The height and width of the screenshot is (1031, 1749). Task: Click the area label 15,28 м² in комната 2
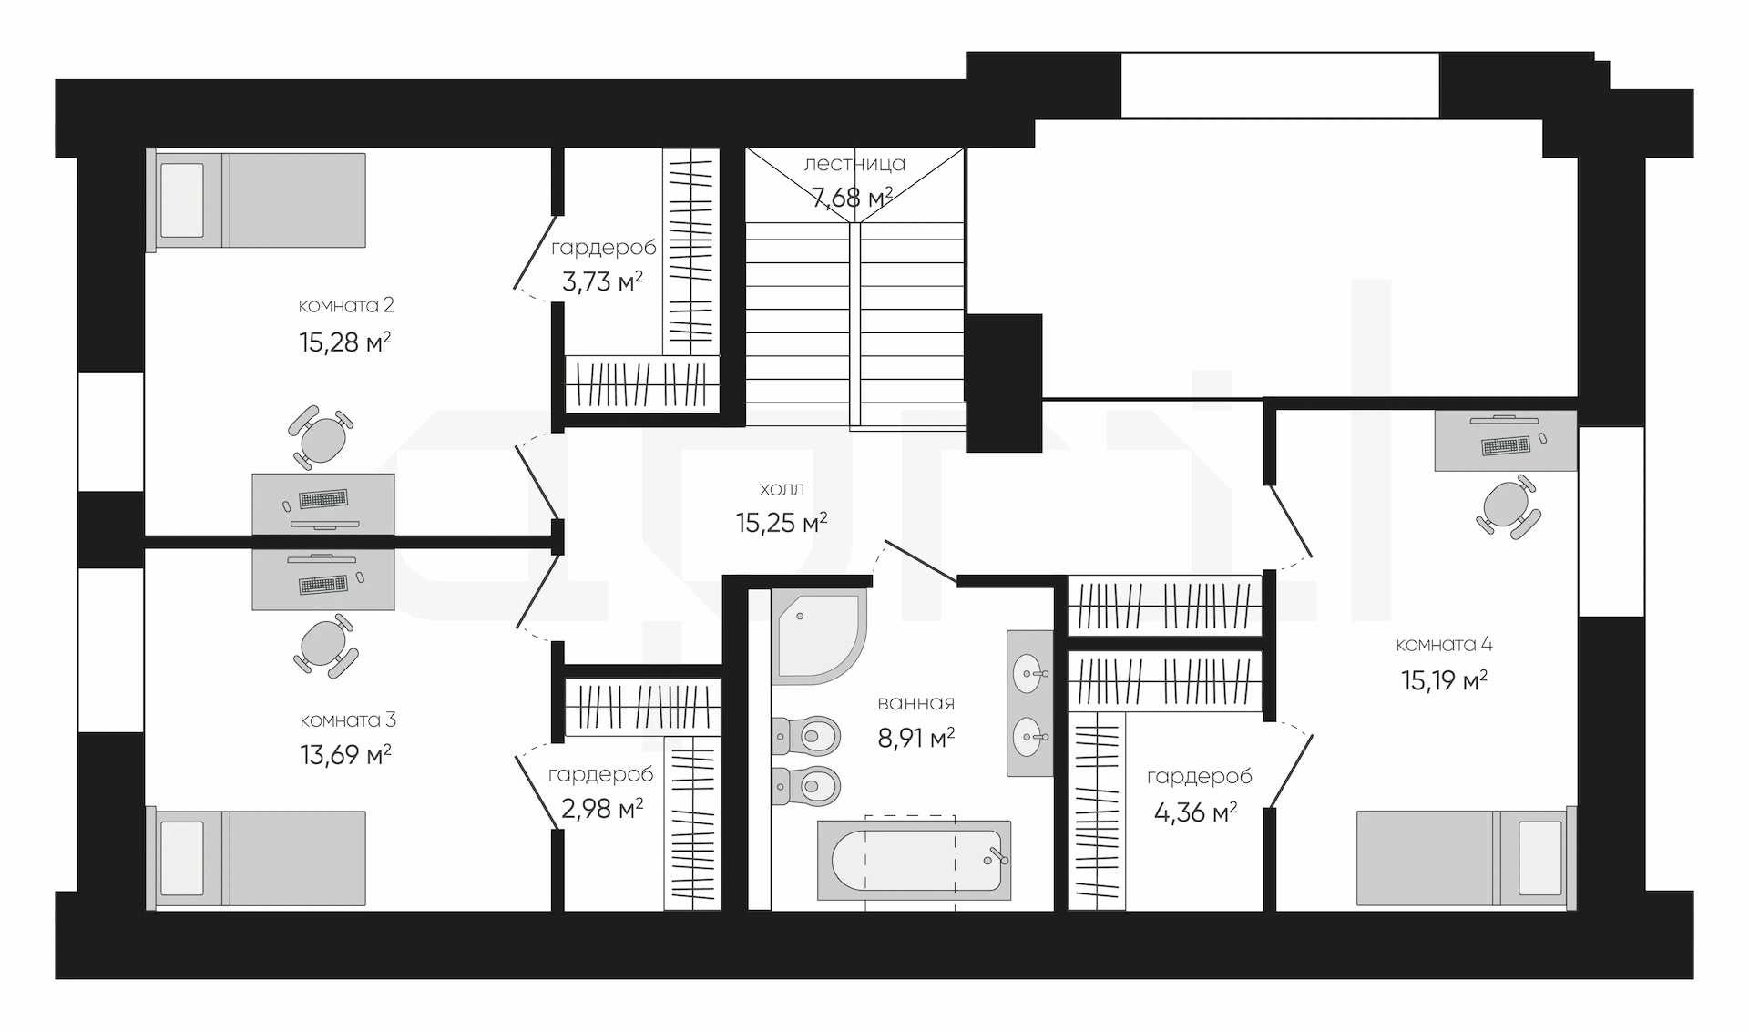[344, 342]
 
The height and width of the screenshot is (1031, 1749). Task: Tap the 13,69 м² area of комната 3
[345, 755]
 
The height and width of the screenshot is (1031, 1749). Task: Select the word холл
[782, 489]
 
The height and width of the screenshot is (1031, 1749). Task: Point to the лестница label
[854, 164]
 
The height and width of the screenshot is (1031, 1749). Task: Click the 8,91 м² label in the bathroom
[915, 738]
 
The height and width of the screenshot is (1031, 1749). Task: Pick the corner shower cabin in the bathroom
[817, 636]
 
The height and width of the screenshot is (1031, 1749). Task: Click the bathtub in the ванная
[915, 859]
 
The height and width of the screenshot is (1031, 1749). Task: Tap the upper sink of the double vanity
[1029, 673]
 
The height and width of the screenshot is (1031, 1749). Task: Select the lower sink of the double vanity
[1029, 735]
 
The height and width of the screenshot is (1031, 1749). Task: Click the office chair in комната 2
[322, 438]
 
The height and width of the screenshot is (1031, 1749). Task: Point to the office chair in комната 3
[324, 646]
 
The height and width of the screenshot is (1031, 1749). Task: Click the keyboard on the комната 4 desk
[1507, 446]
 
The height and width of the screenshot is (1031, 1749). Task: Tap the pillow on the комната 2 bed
[181, 200]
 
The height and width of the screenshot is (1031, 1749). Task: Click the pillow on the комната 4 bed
[1540, 858]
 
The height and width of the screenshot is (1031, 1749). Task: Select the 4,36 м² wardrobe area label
[1195, 812]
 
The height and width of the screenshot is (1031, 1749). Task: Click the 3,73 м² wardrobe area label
[602, 282]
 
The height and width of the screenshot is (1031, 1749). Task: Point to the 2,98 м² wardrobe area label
[602, 808]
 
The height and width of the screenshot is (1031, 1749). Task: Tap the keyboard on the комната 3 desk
[322, 584]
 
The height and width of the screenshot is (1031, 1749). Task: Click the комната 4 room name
[1444, 645]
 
